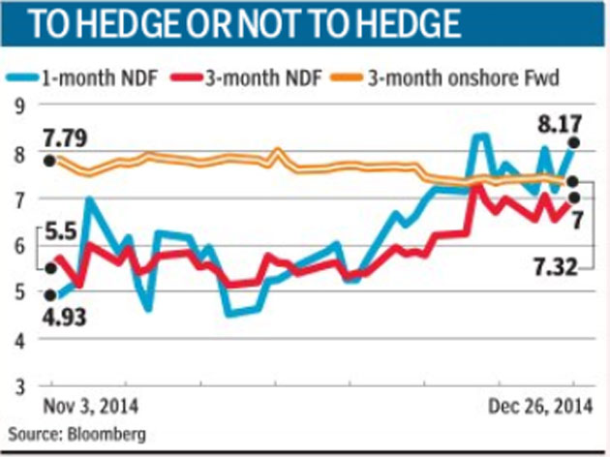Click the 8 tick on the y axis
pyautogui.click(x=18, y=153)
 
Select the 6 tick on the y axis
pyautogui.click(x=18, y=247)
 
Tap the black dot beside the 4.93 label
pyautogui.click(x=50, y=295)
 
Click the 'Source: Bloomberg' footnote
pyautogui.click(x=77, y=435)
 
